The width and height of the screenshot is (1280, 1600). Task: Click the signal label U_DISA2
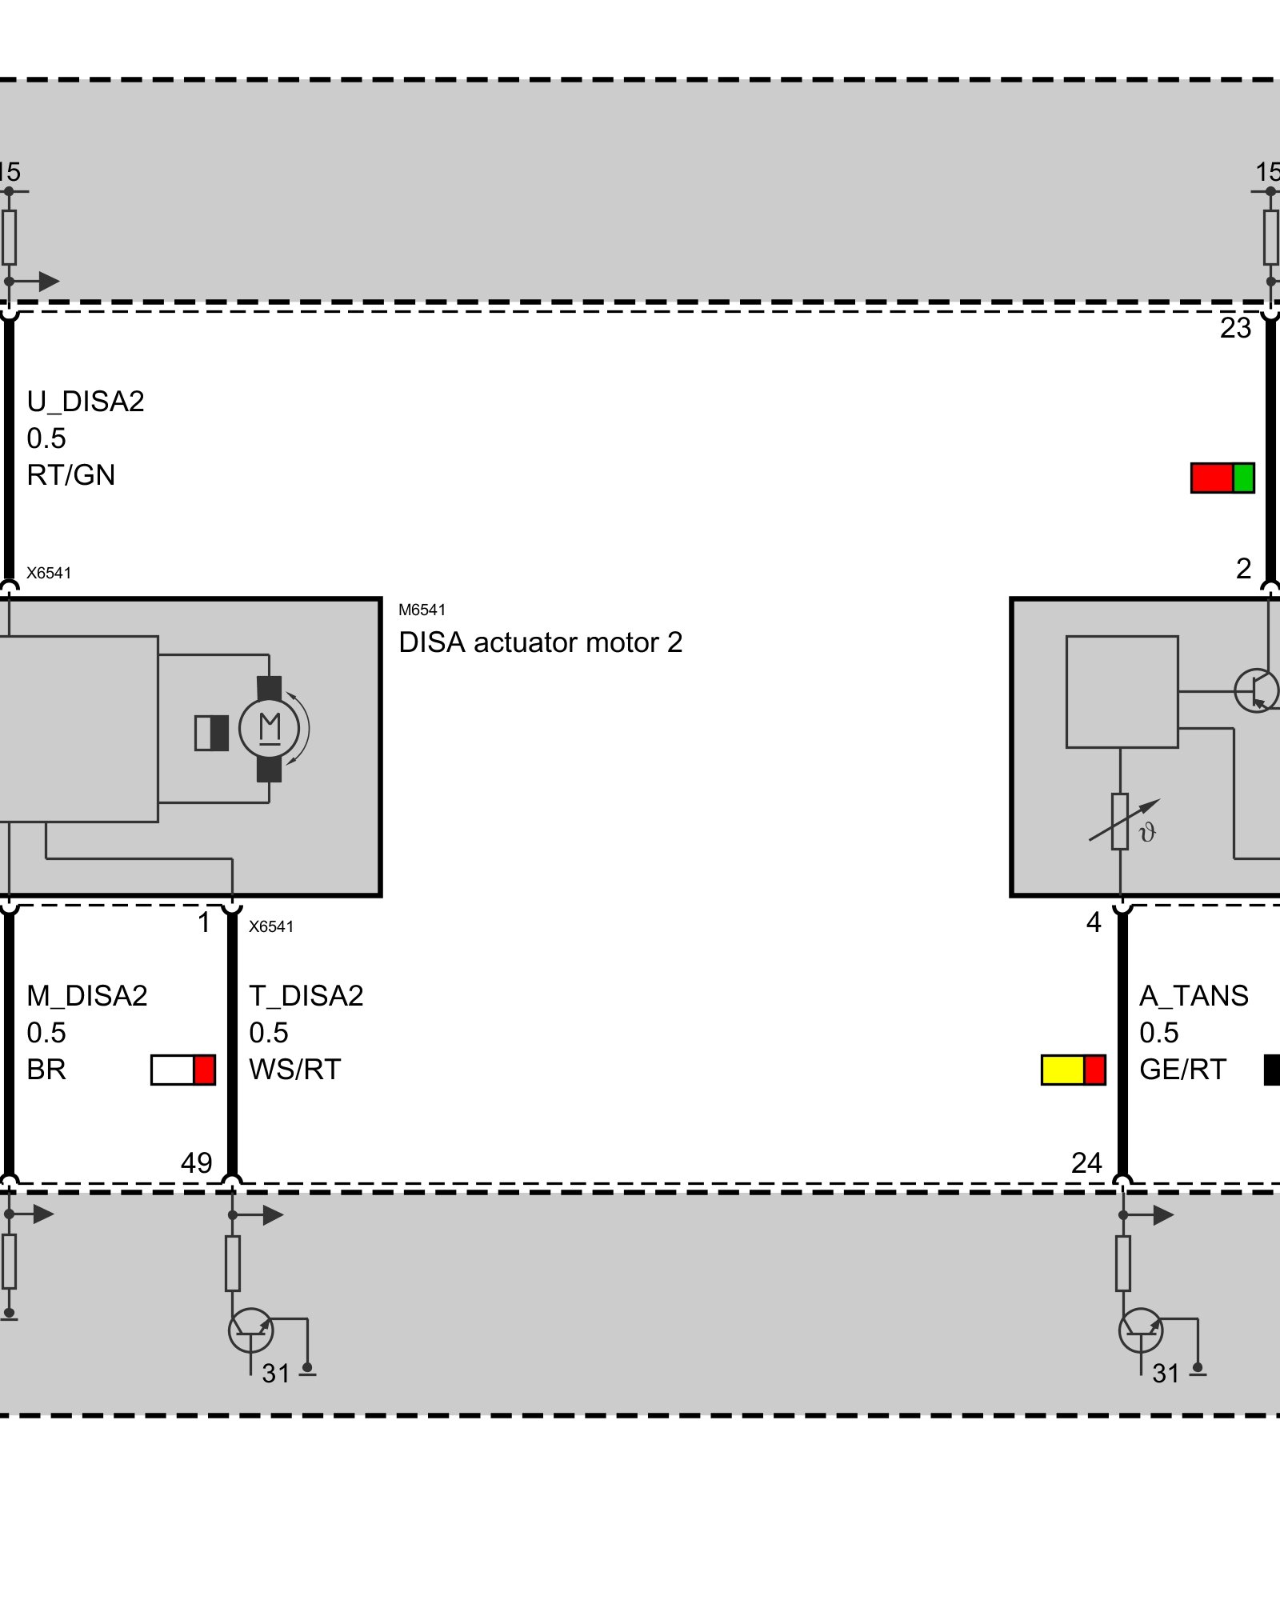point(86,402)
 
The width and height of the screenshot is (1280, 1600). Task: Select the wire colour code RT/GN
point(70,475)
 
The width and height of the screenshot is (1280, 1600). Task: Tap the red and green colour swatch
point(1222,478)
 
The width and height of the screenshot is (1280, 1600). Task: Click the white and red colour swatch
point(183,1070)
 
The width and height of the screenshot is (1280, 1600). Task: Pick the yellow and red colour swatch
point(1073,1070)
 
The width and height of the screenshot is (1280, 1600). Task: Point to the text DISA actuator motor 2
point(540,642)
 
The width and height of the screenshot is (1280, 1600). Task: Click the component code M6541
point(422,610)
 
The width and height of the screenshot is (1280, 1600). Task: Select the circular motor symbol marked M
point(270,729)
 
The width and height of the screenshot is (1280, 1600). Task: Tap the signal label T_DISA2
point(306,996)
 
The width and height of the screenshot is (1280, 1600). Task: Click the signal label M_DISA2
point(86,996)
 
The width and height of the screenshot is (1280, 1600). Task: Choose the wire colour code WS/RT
point(294,1070)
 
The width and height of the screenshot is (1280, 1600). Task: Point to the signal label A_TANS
point(1194,996)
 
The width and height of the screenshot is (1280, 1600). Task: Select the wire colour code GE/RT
point(1182,1070)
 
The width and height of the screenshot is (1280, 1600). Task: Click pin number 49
point(196,1162)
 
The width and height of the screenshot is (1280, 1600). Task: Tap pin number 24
point(1086,1162)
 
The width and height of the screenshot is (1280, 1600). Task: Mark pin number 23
point(1235,328)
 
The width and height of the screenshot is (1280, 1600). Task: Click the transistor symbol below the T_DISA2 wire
point(251,1330)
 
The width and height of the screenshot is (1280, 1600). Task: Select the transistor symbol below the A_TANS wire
point(1141,1330)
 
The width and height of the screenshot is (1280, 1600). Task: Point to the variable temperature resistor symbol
point(1121,822)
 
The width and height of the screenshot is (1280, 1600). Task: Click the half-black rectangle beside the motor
point(212,733)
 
